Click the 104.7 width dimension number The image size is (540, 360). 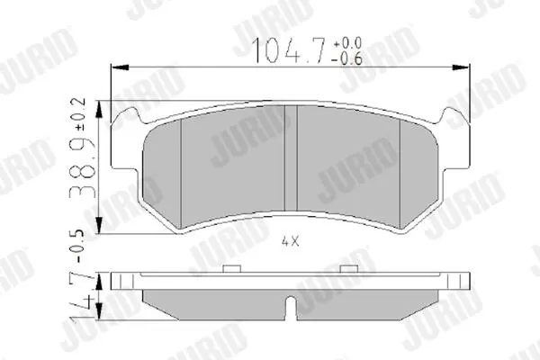[x=289, y=50]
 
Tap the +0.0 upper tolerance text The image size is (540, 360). [x=347, y=43]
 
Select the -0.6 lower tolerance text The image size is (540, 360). [x=347, y=58]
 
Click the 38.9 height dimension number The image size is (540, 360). [x=84, y=166]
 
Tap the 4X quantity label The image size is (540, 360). [x=291, y=241]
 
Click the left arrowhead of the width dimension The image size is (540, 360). [x=119, y=67]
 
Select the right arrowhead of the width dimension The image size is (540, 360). [x=461, y=67]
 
